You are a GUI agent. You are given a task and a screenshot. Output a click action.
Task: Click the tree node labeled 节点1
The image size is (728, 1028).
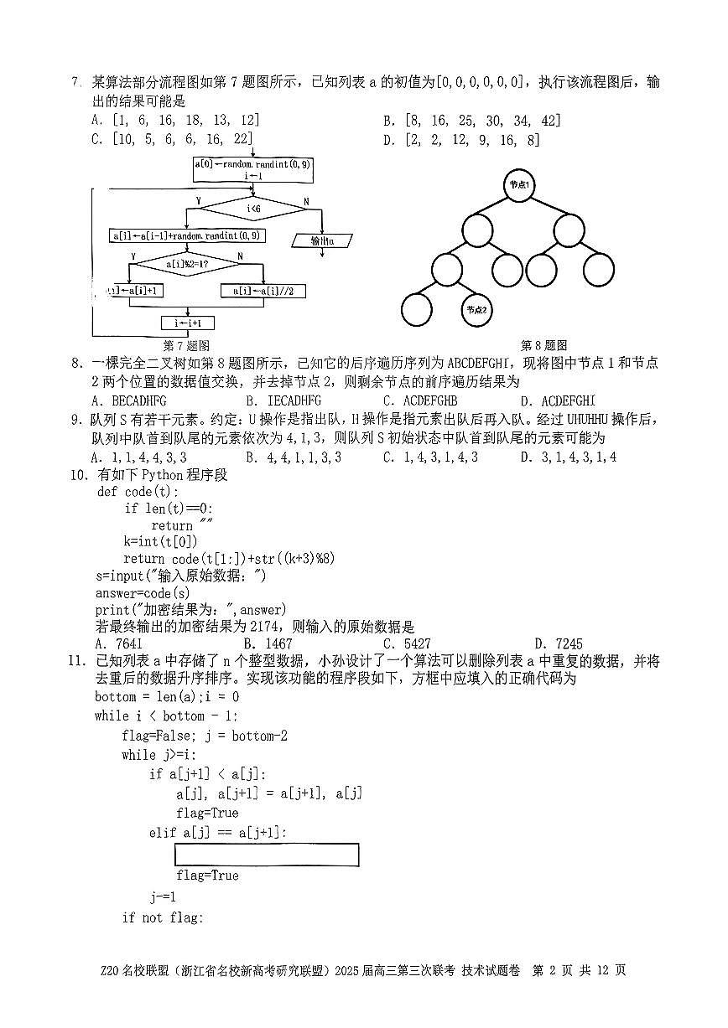pos(520,183)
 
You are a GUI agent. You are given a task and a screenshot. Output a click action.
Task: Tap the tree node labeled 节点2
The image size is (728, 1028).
pos(476,309)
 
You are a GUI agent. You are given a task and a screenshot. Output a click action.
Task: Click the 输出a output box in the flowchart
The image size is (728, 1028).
pos(323,240)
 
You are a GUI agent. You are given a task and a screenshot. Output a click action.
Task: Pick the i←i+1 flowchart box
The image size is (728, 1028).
pos(188,323)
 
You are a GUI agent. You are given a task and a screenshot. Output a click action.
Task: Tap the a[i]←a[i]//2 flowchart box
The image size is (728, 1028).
pos(263,291)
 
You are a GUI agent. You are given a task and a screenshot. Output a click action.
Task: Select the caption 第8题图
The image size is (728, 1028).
pos(543,345)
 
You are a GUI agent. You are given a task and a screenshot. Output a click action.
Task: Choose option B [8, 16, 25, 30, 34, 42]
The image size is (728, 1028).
pos(473,121)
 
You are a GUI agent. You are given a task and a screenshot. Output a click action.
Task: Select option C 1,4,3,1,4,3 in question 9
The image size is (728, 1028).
pos(430,457)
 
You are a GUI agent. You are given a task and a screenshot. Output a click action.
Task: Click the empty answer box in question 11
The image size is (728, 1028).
pos(267,855)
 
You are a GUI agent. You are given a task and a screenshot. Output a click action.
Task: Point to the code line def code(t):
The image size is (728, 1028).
pos(138,492)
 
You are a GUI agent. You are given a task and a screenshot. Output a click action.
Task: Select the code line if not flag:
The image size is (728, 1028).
pos(163,917)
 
